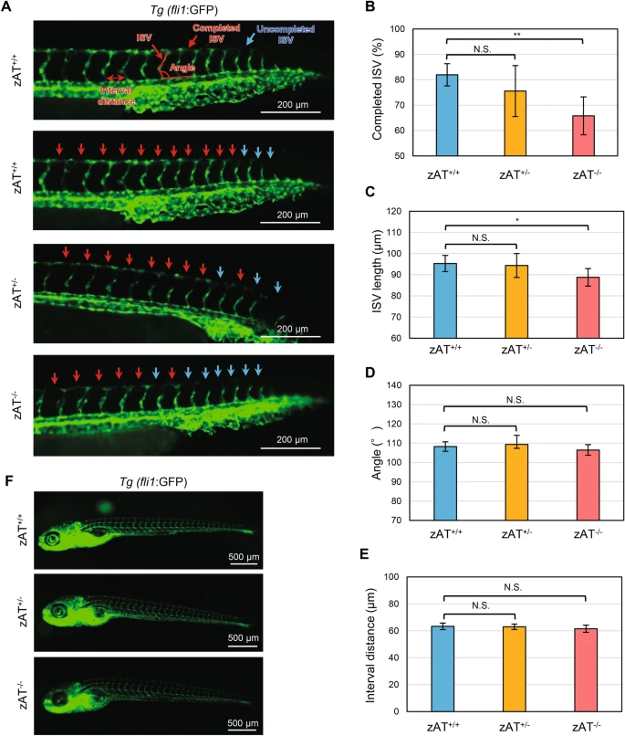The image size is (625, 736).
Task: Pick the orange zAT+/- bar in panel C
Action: (515, 301)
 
